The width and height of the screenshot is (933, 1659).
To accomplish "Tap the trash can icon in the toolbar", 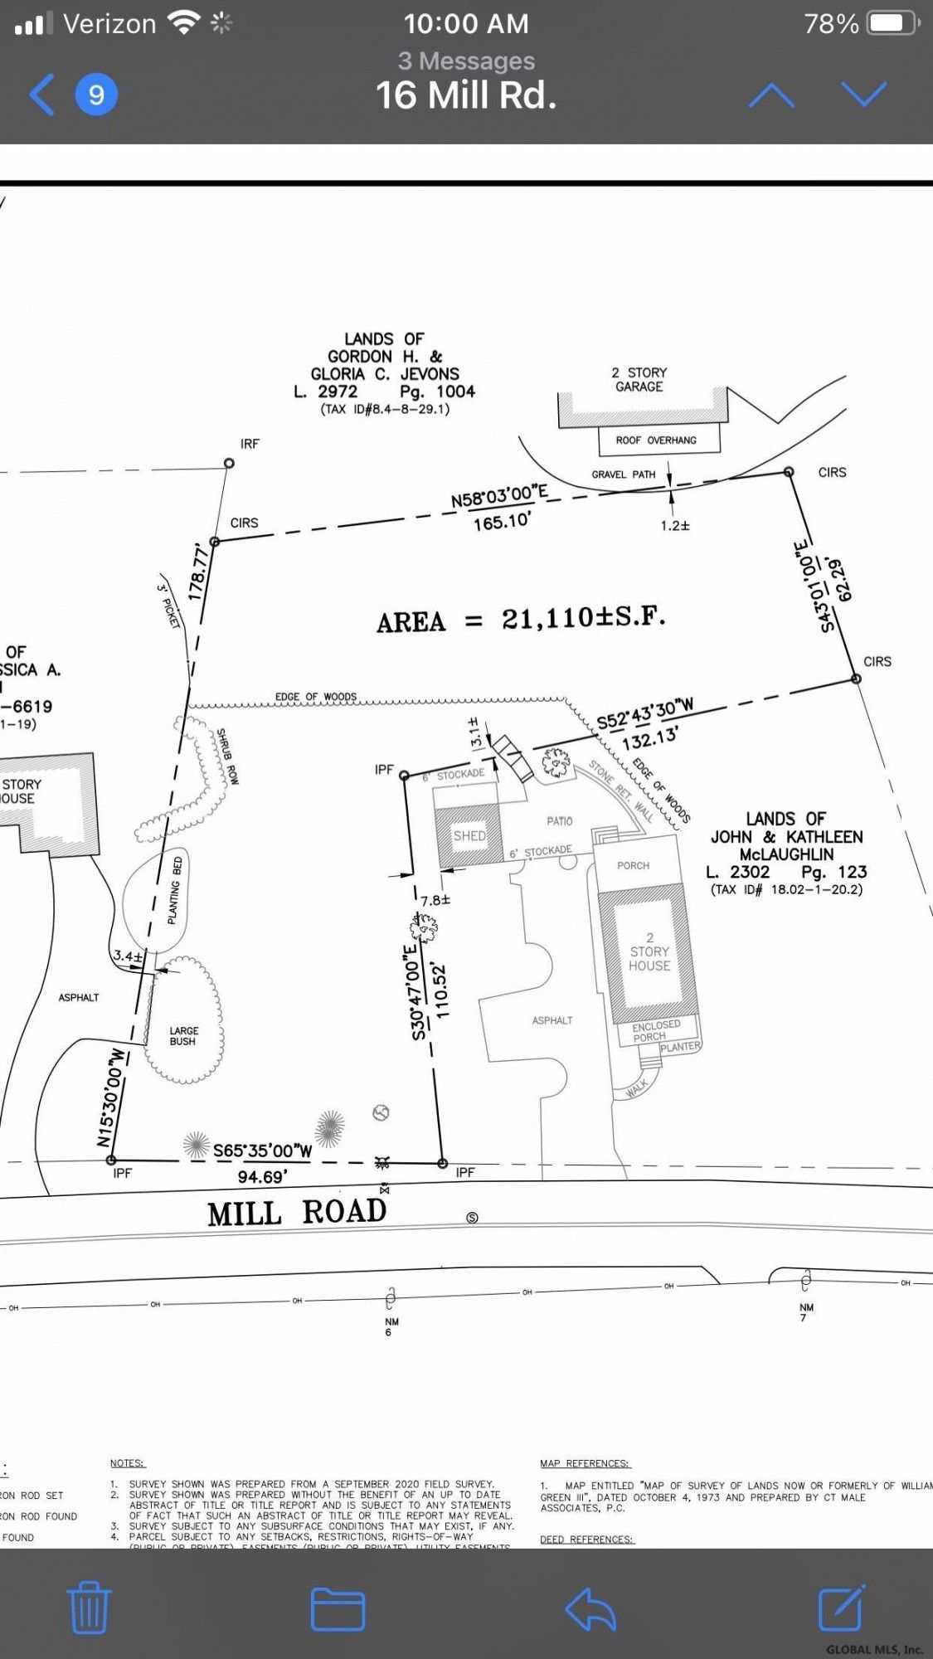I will (89, 1608).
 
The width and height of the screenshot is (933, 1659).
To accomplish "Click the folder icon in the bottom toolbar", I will (338, 1609).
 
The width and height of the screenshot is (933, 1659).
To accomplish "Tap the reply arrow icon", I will (590, 1609).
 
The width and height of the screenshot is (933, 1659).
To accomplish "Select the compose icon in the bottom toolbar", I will (841, 1608).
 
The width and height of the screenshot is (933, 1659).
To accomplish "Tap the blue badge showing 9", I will (96, 95).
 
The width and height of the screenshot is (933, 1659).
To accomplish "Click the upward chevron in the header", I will (771, 95).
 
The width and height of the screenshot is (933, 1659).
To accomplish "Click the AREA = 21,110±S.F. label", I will (521, 620).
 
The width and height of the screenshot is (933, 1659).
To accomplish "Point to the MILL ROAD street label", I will (297, 1213).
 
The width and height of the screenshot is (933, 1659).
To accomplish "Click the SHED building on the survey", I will (469, 835).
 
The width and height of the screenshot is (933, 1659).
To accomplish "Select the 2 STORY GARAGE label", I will (639, 380).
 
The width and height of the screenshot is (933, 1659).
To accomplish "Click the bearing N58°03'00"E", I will (499, 498).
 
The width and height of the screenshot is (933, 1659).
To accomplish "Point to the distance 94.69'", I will (262, 1177).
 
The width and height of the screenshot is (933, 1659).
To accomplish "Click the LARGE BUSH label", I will (183, 1036).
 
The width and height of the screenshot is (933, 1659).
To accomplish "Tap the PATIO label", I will (559, 821).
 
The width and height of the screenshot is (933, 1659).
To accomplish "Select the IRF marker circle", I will (229, 463).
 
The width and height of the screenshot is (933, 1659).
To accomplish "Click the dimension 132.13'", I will (650, 737).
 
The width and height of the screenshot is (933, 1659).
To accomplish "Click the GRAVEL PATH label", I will (623, 474).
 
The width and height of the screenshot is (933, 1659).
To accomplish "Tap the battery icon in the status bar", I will (892, 23).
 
